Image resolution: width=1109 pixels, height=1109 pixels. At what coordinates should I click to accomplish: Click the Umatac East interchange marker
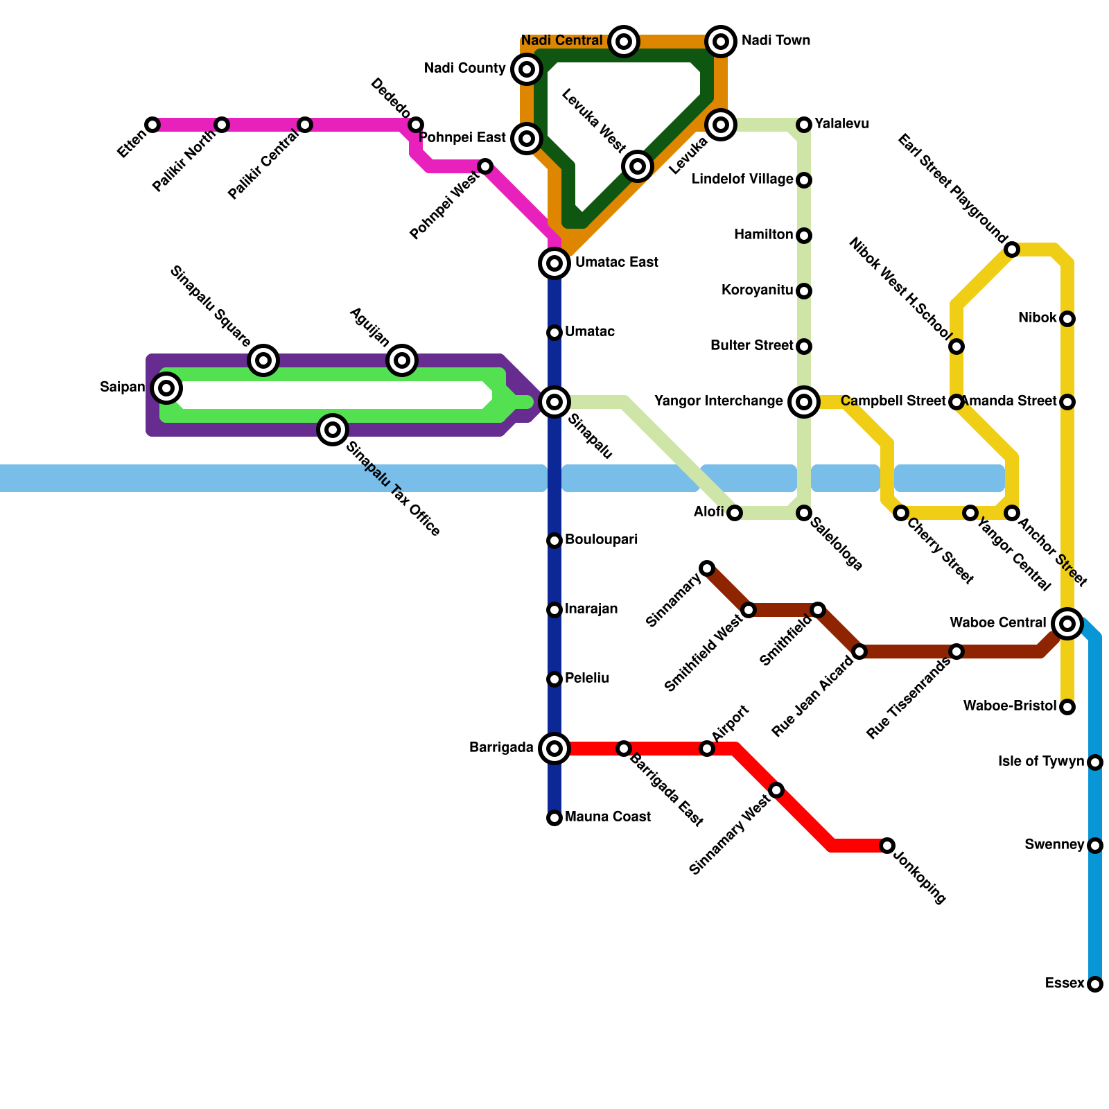pos(554,263)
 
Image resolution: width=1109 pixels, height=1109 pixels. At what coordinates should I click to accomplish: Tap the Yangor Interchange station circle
pos(804,402)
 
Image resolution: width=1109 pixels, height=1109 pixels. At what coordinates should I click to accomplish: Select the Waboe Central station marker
pos(1067,624)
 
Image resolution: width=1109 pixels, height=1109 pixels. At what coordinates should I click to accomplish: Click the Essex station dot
pos(1095,984)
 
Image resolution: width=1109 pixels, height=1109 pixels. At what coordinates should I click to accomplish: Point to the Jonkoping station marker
pos(887,846)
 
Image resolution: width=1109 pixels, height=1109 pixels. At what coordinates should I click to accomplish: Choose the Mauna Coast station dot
pos(554,818)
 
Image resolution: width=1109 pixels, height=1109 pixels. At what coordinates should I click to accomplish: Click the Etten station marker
pos(152,125)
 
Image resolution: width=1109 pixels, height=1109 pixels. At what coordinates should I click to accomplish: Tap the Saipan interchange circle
pos(166,388)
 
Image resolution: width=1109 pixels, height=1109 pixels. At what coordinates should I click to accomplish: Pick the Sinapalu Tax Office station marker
pos(333,430)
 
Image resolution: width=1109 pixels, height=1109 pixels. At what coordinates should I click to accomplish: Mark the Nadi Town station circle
pos(721,42)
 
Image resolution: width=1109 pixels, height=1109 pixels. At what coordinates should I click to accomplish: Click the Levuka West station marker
pos(638,166)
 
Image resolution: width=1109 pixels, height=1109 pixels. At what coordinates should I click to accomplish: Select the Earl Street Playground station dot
pos(1012,250)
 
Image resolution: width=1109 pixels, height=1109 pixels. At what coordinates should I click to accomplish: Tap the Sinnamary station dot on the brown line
pos(707,568)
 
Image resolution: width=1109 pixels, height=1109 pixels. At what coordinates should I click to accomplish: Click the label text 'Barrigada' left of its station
pos(501,748)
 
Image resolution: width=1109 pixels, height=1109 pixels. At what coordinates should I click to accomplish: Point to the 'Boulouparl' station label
pos(601,540)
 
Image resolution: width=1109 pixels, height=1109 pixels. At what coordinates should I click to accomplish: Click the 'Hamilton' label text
pos(763,235)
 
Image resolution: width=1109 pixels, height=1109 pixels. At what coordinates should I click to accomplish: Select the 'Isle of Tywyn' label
pos(1040,762)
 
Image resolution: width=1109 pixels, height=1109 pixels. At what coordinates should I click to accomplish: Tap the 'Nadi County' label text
pos(464,69)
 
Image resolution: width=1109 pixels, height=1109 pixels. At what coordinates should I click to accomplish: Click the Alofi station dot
pos(735,513)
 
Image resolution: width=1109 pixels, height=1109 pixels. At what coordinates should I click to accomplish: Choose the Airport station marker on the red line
pos(707,749)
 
